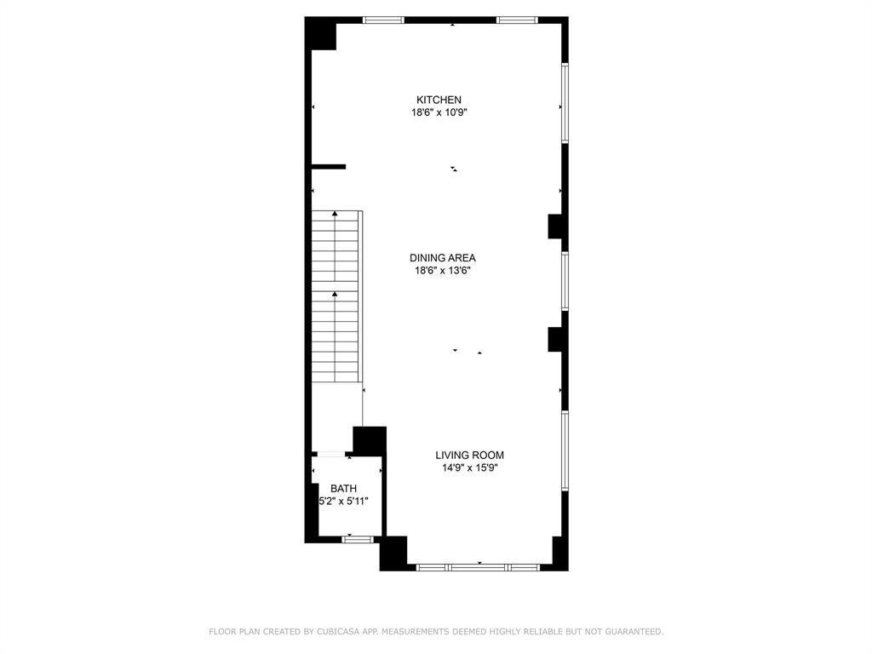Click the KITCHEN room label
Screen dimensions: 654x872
(439, 100)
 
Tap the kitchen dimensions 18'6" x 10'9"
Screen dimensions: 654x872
(439, 112)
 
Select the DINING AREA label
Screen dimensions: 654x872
(442, 258)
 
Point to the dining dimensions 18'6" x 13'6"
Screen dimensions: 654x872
(442, 271)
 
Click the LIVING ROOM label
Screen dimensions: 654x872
(469, 455)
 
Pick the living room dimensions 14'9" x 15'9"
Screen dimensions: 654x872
(469, 468)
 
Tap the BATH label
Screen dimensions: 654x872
(344, 488)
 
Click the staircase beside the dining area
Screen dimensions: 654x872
(336, 296)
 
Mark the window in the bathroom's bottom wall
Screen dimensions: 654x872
(358, 539)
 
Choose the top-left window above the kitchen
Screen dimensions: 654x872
(383, 20)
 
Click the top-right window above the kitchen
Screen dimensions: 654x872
(517, 20)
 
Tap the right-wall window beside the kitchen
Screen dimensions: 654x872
(565, 103)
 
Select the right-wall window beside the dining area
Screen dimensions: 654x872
(565, 280)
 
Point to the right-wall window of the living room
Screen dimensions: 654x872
(565, 451)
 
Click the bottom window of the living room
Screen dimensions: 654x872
(477, 566)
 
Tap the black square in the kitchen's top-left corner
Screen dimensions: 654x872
(323, 35)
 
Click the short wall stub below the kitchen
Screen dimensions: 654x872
(329, 167)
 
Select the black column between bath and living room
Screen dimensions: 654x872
(370, 441)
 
